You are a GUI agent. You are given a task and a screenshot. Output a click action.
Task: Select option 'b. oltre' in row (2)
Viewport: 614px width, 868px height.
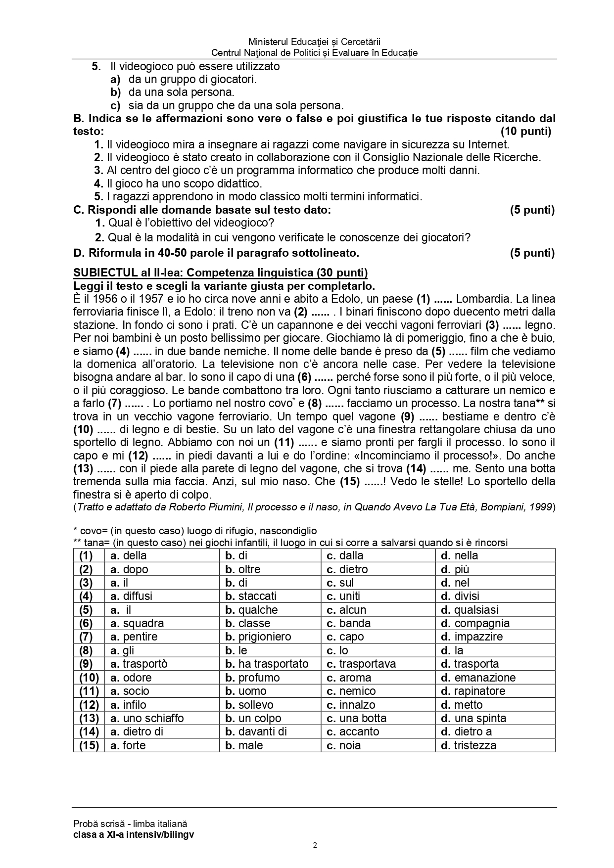242,569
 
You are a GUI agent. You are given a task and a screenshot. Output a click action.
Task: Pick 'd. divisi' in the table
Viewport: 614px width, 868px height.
460,596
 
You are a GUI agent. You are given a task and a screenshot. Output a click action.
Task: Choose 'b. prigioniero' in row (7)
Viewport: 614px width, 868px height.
258,637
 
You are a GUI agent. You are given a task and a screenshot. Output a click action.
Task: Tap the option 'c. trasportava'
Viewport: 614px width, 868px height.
361,664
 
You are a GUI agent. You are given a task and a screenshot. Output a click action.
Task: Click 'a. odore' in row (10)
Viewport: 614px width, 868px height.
131,678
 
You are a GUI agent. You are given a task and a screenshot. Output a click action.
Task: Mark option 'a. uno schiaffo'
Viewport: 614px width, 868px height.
147,718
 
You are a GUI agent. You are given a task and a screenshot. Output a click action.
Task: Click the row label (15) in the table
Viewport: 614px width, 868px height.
89,745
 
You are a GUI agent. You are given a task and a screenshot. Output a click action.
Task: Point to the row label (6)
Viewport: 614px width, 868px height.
86,623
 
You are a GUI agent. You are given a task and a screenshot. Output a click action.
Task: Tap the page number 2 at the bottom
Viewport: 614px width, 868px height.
315,845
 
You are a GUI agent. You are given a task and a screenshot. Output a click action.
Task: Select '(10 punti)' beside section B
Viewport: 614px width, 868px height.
525,132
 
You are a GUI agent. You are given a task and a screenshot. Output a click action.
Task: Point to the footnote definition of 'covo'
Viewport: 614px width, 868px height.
195,531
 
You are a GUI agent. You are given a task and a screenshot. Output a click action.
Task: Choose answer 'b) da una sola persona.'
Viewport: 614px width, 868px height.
173,92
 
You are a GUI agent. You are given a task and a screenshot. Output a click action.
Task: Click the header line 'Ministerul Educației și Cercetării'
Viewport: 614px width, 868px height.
314,43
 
